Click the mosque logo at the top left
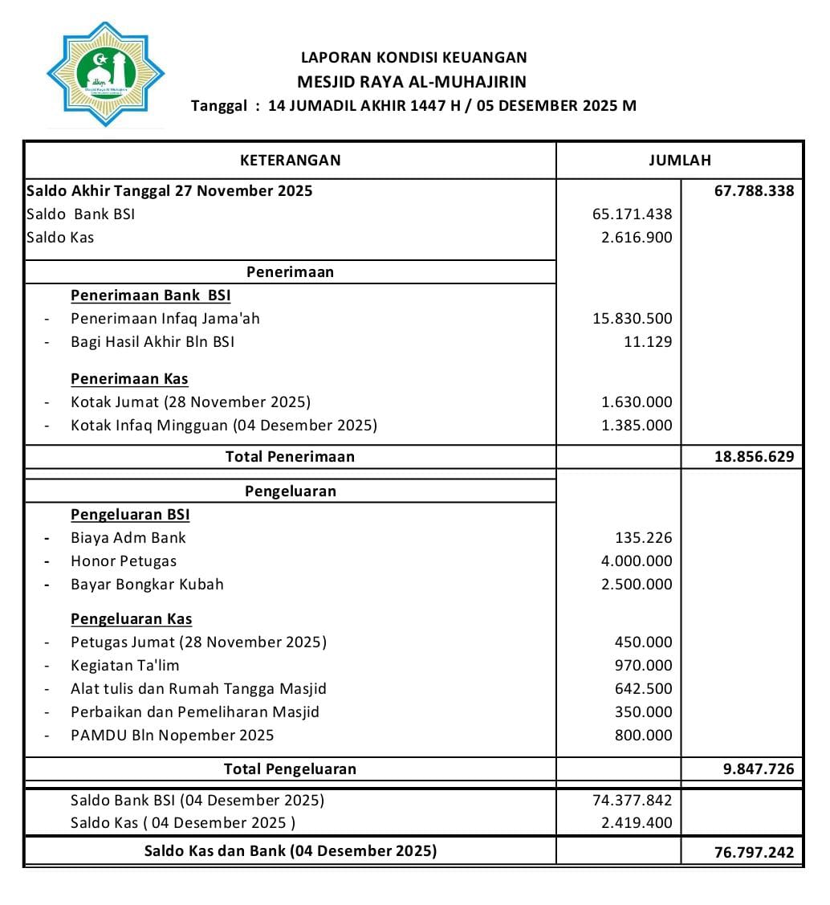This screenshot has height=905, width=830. click(105, 75)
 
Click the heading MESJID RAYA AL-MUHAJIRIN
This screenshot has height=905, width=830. click(412, 81)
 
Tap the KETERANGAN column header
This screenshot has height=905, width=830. click(290, 160)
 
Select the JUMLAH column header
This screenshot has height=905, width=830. click(679, 160)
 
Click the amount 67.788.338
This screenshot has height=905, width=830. click(754, 191)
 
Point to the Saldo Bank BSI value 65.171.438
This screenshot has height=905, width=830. click(633, 214)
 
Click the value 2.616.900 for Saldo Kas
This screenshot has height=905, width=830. click(637, 238)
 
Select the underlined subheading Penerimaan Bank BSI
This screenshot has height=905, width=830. click(150, 296)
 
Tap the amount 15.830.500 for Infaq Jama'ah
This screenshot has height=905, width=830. click(633, 319)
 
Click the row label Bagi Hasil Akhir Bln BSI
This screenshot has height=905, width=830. click(153, 341)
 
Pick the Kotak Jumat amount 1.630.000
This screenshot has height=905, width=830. click(637, 402)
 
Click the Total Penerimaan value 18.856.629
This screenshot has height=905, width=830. click(754, 457)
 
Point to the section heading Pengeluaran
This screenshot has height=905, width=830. click(290, 491)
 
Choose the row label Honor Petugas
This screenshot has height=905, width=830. click(124, 561)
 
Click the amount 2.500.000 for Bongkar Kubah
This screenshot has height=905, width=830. click(637, 585)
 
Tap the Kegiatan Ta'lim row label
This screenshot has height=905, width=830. click(124, 666)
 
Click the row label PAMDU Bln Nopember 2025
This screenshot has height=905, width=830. click(172, 736)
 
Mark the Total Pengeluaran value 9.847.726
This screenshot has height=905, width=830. click(758, 769)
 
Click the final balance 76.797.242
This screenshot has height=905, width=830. click(754, 852)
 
